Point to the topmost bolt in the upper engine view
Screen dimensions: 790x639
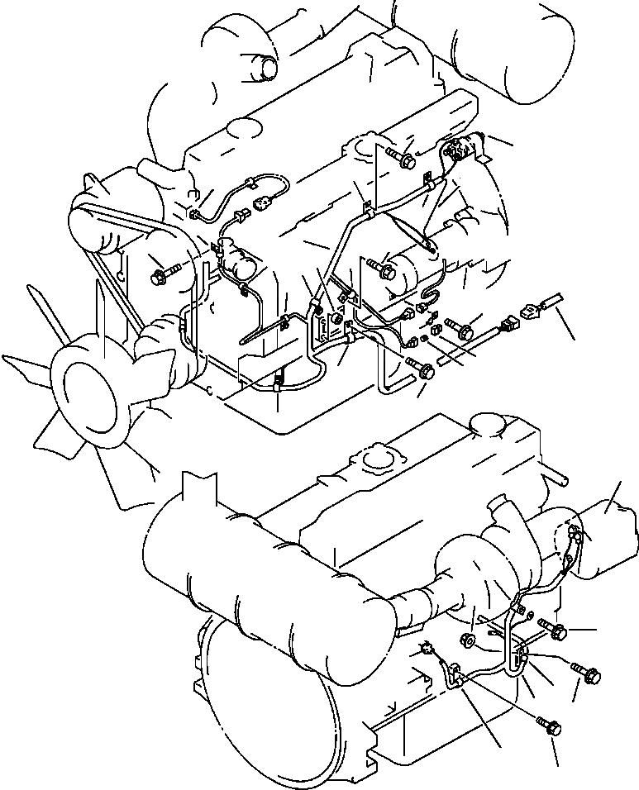404,160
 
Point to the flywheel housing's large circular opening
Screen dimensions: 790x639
273,711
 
